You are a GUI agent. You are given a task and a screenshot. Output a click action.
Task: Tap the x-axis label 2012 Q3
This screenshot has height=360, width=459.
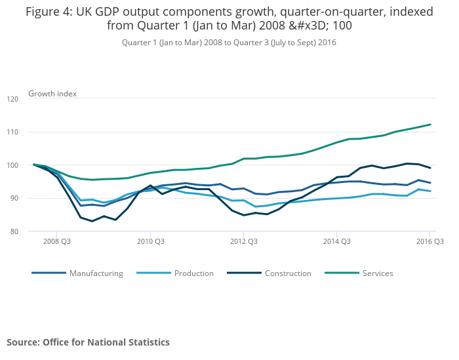(243, 241)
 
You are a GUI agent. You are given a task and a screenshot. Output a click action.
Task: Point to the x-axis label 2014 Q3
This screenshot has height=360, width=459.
(336, 241)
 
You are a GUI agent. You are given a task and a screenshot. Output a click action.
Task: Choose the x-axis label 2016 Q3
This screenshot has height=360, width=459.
(430, 241)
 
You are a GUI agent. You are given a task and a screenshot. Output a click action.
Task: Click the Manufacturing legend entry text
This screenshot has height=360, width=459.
(96, 273)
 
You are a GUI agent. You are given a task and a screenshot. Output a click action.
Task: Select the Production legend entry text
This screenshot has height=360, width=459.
(194, 273)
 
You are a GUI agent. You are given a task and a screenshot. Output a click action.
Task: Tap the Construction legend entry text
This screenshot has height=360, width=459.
(288, 273)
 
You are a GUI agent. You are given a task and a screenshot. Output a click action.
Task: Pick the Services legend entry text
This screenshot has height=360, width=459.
(378, 273)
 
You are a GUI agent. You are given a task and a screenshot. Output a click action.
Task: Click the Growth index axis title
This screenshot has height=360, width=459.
(52, 94)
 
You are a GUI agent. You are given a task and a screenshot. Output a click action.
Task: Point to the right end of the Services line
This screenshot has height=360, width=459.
(430, 125)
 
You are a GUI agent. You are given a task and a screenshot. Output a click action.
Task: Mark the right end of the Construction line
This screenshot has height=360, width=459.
(430, 168)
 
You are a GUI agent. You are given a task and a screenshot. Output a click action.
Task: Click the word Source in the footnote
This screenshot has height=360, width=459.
(22, 342)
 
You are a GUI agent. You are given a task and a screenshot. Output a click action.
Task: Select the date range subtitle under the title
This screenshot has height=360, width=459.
(229, 42)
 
